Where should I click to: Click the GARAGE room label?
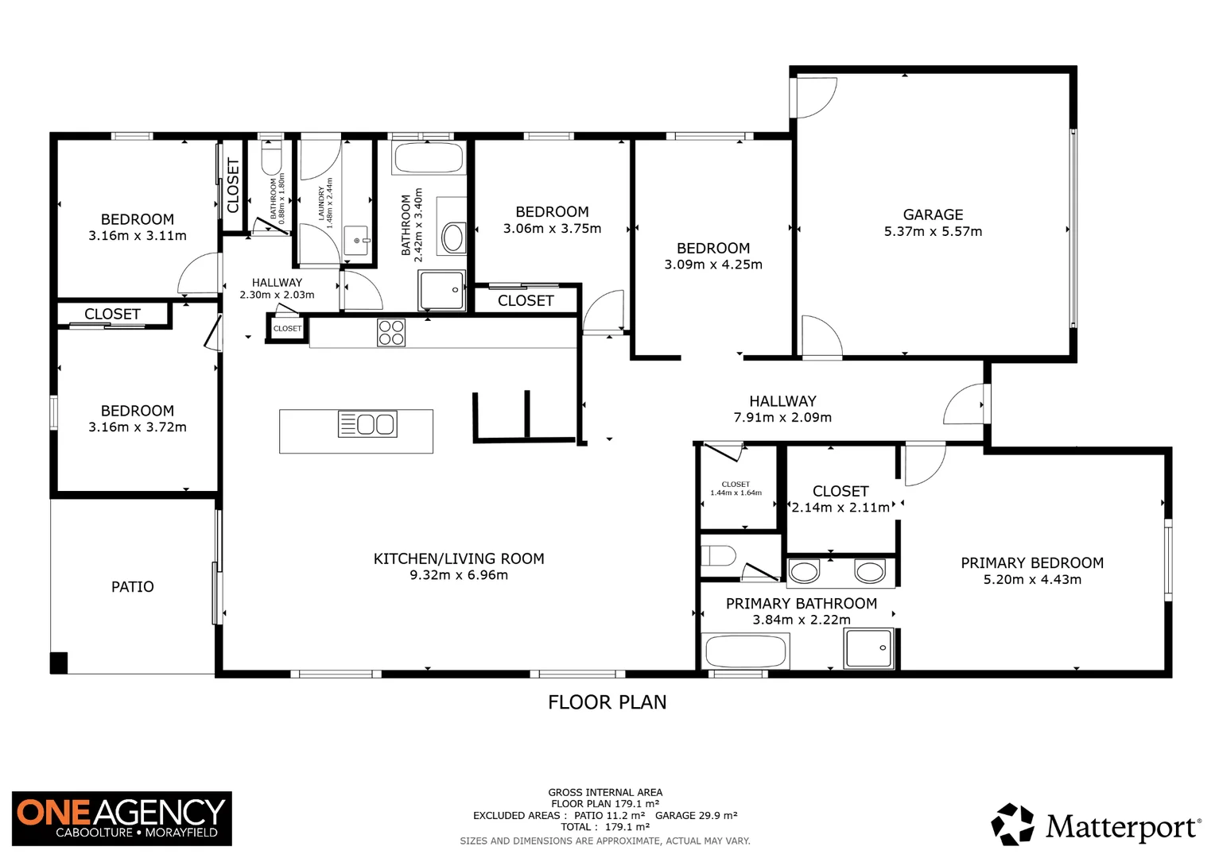pos(933,214)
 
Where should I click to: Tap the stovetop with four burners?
pos(390,332)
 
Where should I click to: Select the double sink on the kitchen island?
pos(367,424)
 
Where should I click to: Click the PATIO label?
pos(132,587)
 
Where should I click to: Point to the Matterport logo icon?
pos(1012,824)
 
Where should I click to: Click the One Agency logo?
pos(122,818)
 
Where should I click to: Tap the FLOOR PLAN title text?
pos(607,702)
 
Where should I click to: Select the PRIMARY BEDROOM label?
pos(1031,563)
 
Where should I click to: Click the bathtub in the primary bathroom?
pos(744,652)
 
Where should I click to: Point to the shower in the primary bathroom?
pos(869,648)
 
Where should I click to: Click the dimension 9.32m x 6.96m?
pos(459,575)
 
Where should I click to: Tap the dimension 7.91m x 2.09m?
pos(782,418)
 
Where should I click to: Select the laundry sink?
pos(356,239)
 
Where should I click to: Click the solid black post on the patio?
pos(59,663)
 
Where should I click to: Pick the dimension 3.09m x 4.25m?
pos(713,265)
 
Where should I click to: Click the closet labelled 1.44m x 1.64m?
pos(736,489)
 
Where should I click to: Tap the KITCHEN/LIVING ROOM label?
pos(459,558)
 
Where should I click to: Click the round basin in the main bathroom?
pos(453,238)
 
